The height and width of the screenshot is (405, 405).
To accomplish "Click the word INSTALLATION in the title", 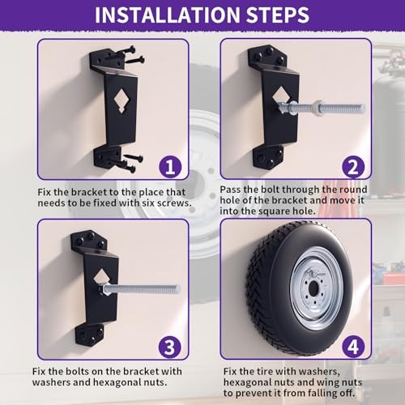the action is [x=168, y=15].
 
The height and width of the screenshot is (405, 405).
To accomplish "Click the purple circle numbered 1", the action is [x=170, y=166].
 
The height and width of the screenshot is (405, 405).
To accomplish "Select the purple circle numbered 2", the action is [x=353, y=166].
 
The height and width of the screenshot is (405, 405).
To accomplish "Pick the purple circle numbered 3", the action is [x=170, y=347].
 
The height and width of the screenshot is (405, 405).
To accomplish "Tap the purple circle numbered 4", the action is [x=353, y=347].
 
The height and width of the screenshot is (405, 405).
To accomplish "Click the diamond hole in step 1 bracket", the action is [x=122, y=100].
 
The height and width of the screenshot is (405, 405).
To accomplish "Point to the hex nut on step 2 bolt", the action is [x=318, y=108].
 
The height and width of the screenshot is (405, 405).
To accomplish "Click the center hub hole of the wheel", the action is [x=313, y=289].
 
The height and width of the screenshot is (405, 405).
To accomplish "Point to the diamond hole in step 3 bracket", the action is [x=100, y=278].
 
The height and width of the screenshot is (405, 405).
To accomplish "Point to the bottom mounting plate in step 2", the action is [x=267, y=156].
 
